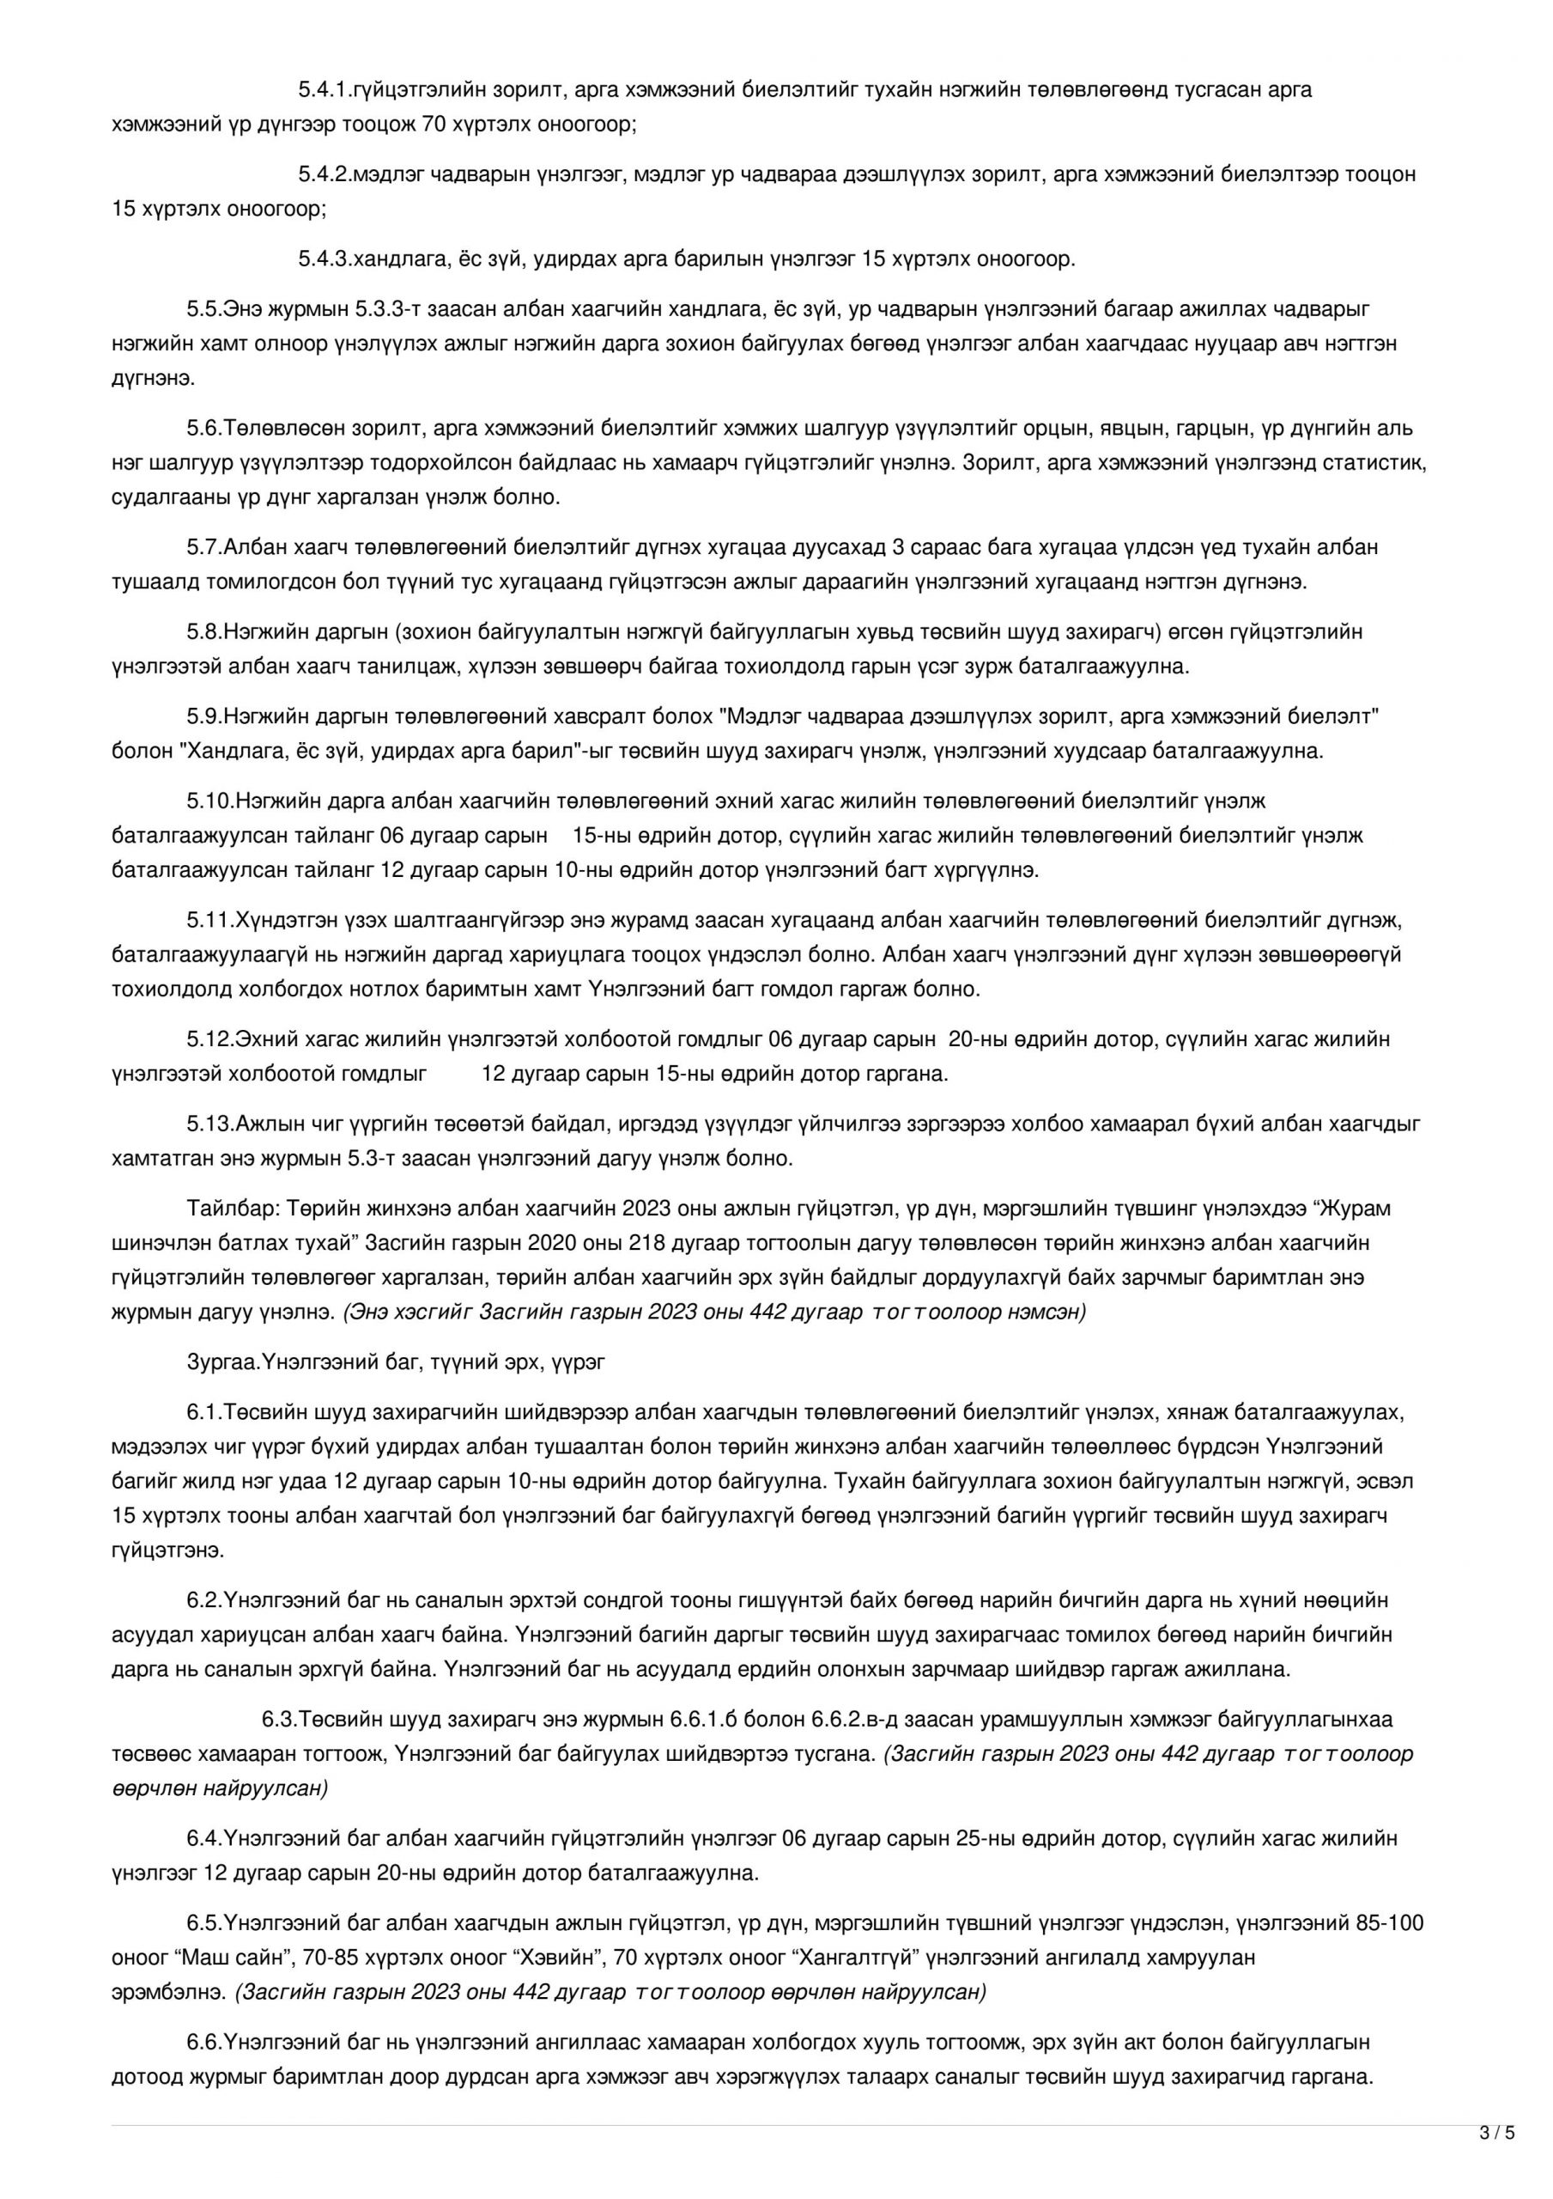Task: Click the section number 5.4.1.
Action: coord(325,90)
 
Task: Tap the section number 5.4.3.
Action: coord(325,259)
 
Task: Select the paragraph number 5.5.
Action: coord(204,309)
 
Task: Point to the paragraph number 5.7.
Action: coord(204,548)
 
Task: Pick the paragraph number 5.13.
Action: coord(209,1124)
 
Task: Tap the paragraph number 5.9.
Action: coord(204,716)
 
